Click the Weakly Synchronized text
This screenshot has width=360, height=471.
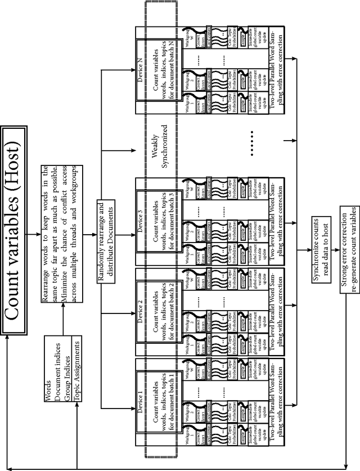pyautogui.click(x=161, y=147)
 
